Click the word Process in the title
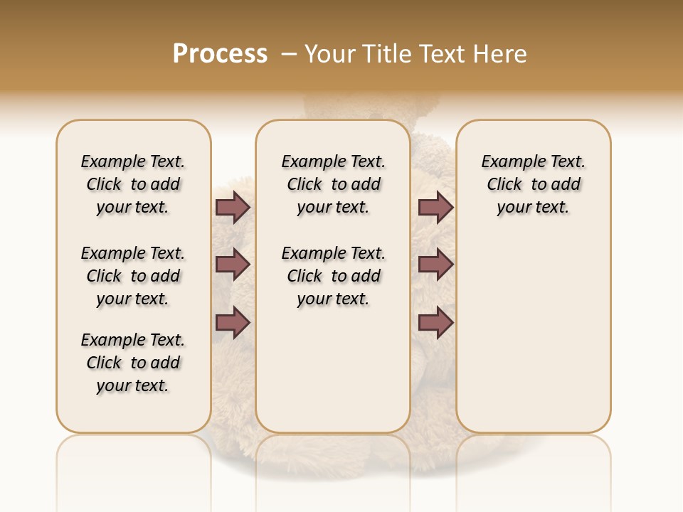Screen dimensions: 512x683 click(x=220, y=53)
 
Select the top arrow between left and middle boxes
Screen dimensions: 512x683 click(x=233, y=207)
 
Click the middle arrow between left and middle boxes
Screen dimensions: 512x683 click(x=233, y=265)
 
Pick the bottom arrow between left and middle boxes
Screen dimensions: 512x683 click(x=233, y=322)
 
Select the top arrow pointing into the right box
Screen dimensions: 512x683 click(x=435, y=207)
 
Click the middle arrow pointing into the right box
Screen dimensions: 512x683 click(x=435, y=265)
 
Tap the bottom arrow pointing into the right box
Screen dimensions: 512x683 click(x=435, y=322)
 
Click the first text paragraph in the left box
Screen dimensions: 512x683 click(x=133, y=184)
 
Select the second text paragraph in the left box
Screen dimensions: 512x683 click(x=133, y=276)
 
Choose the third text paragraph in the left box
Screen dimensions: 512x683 click(x=133, y=363)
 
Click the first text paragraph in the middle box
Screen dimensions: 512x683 click(x=333, y=184)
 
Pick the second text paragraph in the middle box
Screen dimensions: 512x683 click(x=333, y=276)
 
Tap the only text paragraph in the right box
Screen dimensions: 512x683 click(x=533, y=184)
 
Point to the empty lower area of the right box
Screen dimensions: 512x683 click(x=533, y=334)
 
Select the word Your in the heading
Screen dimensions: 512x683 click(x=330, y=53)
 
